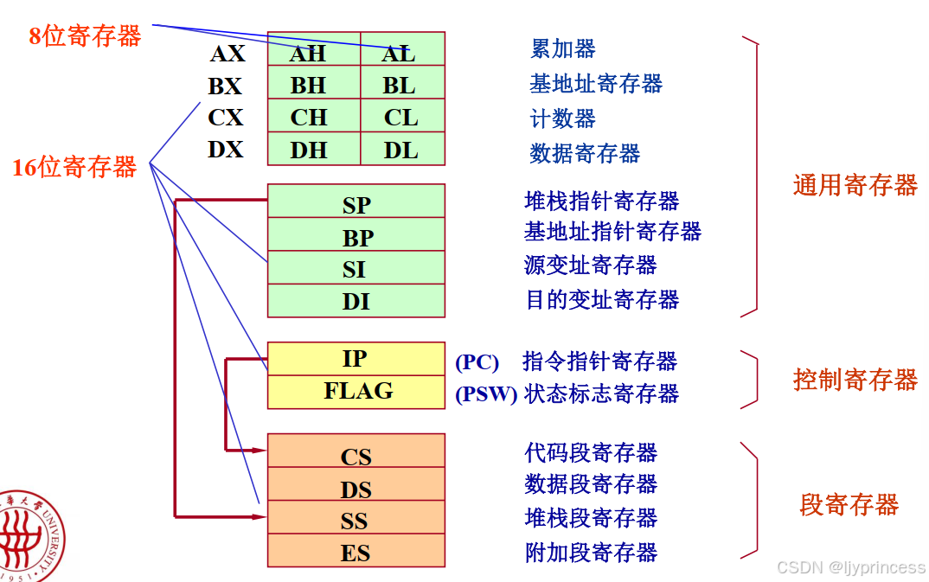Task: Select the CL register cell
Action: pyautogui.click(x=401, y=117)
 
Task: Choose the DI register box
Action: pyautogui.click(x=356, y=300)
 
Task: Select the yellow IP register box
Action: pyautogui.click(x=356, y=359)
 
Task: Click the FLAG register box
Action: pyautogui.click(x=356, y=391)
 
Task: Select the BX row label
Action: pyautogui.click(x=225, y=86)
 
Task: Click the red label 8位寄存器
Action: pyautogui.click(x=85, y=36)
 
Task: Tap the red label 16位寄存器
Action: pyautogui.click(x=74, y=167)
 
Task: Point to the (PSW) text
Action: pyautogui.click(x=486, y=395)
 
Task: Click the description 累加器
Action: pyautogui.click(x=562, y=49)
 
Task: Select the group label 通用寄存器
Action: pyautogui.click(x=855, y=185)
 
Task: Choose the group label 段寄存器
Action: pyautogui.click(x=849, y=504)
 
